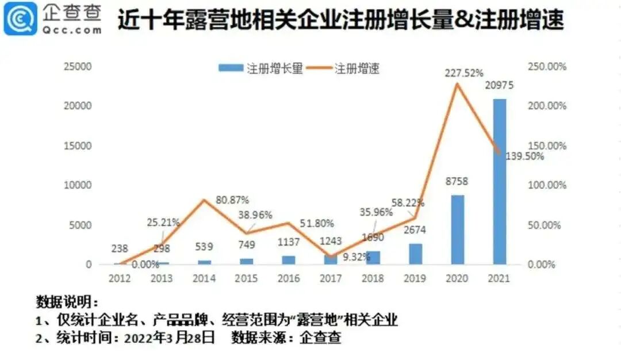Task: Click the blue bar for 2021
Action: pos(500,182)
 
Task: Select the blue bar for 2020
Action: pos(457,230)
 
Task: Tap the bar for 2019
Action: pos(415,254)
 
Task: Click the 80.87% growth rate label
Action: pos(232,200)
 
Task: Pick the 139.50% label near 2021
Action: pos(524,156)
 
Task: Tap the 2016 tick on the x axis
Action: pos(288,278)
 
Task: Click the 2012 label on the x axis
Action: pos(119,278)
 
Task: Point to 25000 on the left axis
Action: pos(78,67)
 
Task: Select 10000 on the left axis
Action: pos(78,185)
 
